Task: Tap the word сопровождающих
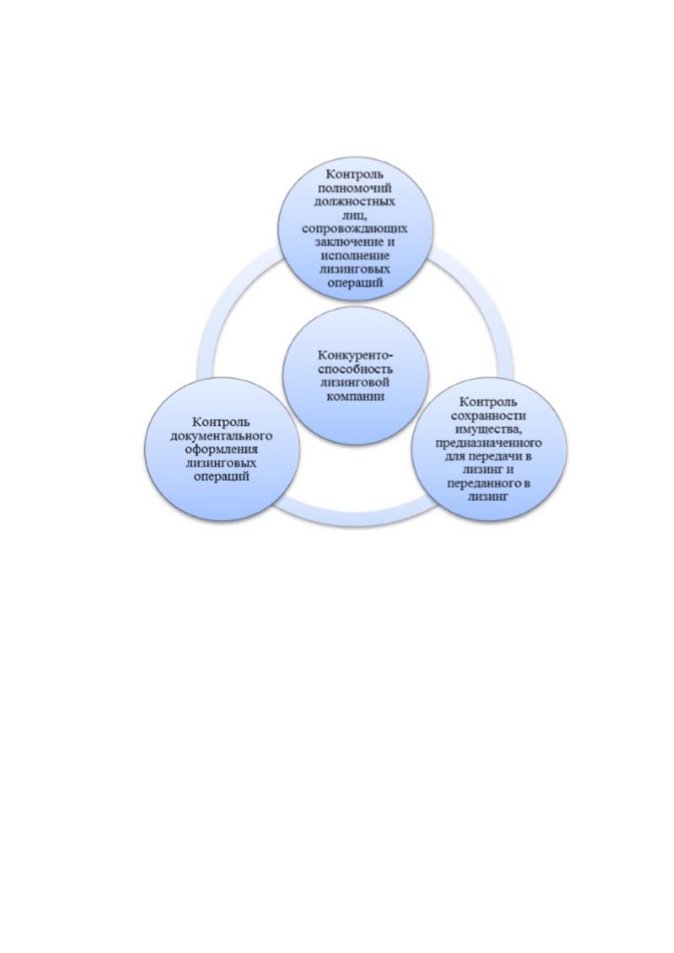pos(355,229)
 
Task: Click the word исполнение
pos(355,256)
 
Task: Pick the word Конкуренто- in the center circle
pos(355,355)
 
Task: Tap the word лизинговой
pos(355,382)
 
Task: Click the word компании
pos(355,396)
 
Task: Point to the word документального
pos(221,436)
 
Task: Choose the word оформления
pos(222,449)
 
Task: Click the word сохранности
pos(488,415)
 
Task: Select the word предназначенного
pos(488,443)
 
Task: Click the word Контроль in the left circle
pos(221,422)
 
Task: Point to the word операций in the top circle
pos(355,283)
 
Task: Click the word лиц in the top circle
pos(354,215)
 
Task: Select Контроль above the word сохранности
pos(488,402)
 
